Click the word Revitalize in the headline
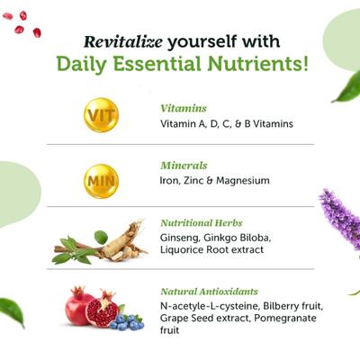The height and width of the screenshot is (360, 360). pyautogui.click(x=122, y=41)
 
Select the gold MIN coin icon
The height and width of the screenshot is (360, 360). pyautogui.click(x=101, y=179)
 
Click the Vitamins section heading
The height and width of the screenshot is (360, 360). pyautogui.click(x=183, y=108)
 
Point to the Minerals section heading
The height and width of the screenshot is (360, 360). pyautogui.click(x=184, y=166)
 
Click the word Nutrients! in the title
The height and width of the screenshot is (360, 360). pyautogui.click(x=262, y=65)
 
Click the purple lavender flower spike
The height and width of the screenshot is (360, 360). pyautogui.click(x=339, y=220)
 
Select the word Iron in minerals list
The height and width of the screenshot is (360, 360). pyautogui.click(x=171, y=181)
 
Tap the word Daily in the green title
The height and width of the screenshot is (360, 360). pyautogui.click(x=83, y=65)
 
